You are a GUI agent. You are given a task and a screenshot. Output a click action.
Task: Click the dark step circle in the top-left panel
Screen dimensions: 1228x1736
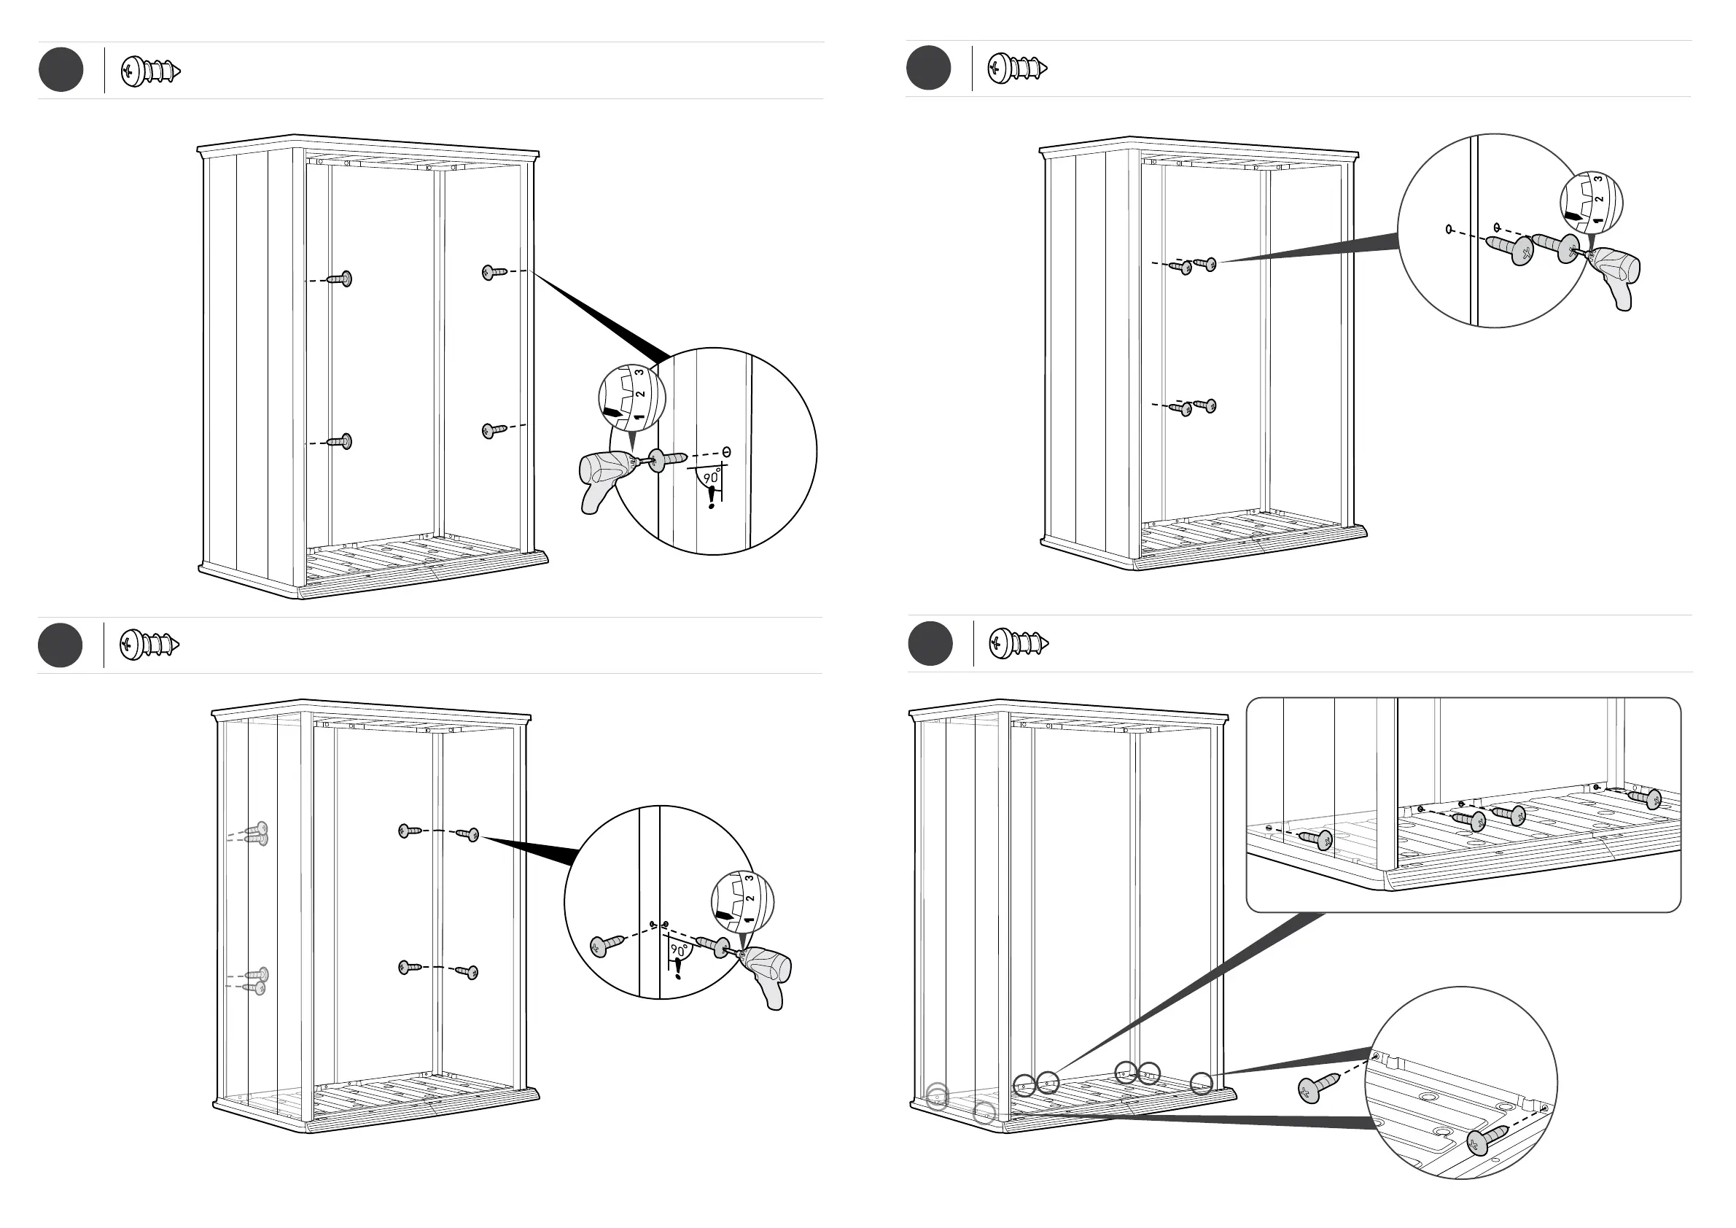[61, 69]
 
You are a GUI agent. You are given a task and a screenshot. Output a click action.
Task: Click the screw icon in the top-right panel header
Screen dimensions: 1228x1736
[1017, 69]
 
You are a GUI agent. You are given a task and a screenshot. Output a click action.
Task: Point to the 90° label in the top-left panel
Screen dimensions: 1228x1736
[712, 478]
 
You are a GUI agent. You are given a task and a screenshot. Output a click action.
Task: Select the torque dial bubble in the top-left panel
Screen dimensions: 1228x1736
[632, 397]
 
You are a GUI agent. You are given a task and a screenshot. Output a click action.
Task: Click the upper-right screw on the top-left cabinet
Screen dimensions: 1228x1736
[494, 272]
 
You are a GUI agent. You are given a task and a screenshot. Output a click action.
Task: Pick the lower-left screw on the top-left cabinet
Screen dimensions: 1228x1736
[340, 442]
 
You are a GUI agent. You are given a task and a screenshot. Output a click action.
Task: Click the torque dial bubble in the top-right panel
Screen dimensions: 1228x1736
[1591, 203]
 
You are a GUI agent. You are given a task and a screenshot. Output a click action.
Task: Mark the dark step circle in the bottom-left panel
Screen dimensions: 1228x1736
[60, 645]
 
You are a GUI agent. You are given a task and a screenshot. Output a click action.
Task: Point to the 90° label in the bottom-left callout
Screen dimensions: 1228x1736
[679, 950]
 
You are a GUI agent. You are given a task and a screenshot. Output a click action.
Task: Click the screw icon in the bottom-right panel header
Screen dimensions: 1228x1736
[1019, 643]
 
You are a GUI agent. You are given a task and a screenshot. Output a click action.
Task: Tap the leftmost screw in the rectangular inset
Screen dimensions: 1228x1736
[1314, 839]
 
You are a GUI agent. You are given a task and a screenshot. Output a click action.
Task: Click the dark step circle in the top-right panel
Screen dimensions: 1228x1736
[927, 68]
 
